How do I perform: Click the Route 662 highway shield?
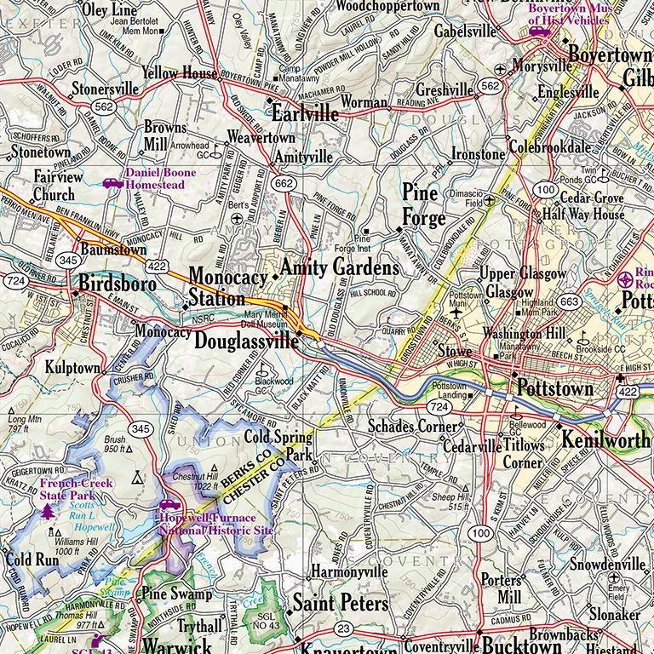click(x=284, y=184)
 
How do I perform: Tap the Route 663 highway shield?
click(x=570, y=301)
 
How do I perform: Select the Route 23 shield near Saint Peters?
click(x=342, y=628)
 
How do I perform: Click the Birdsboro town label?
click(x=118, y=284)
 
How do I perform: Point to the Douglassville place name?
click(x=246, y=341)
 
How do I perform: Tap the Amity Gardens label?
click(x=339, y=267)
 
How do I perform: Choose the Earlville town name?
click(x=304, y=113)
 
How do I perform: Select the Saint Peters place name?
click(x=340, y=604)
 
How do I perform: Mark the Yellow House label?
click(x=180, y=73)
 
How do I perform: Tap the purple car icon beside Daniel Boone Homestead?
click(x=112, y=182)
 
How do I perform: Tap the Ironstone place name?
click(x=478, y=155)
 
